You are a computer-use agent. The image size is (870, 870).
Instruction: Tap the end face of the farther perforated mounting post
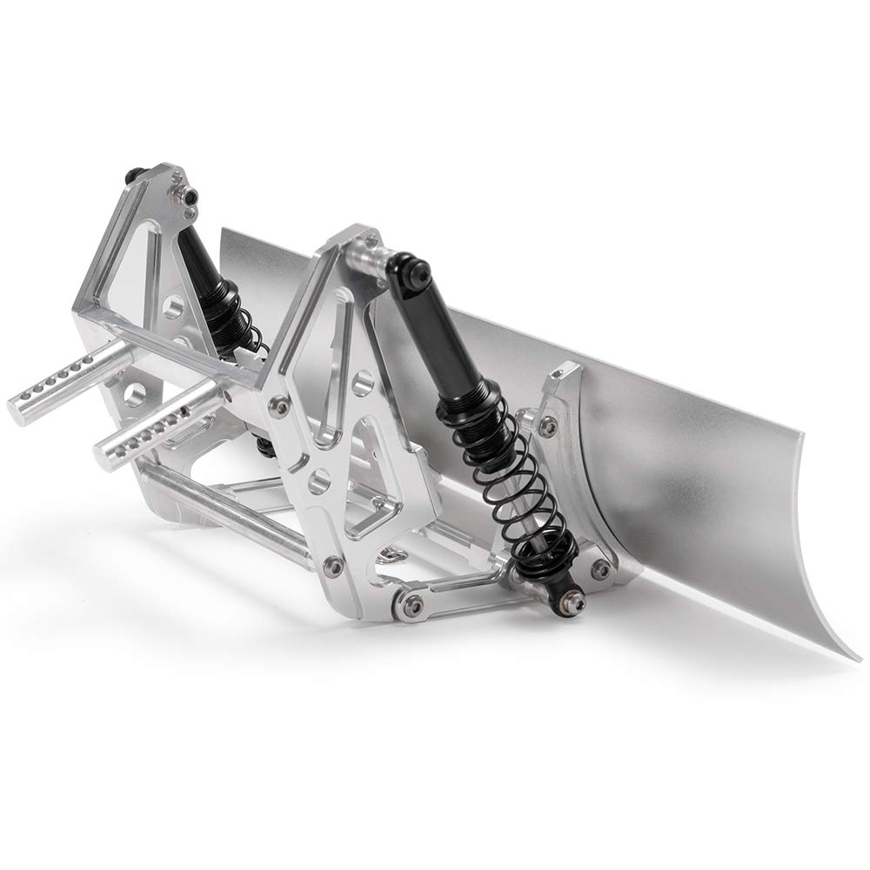click(x=19, y=404)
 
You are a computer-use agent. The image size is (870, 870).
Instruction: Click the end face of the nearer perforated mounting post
click(x=104, y=452)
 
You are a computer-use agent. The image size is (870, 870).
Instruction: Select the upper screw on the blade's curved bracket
click(x=547, y=425)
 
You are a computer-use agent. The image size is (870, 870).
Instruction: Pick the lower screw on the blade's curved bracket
click(x=599, y=566)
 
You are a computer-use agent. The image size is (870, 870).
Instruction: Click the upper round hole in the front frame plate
click(x=363, y=379)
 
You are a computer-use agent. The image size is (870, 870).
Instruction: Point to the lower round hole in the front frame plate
click(x=319, y=478)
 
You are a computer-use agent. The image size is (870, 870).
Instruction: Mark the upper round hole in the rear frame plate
click(x=172, y=306)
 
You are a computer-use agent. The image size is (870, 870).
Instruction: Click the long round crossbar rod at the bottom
click(x=226, y=513)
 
